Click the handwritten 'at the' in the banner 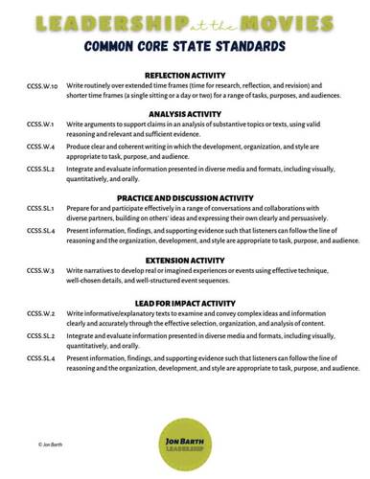[200, 22]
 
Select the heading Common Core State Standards [184, 45]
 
